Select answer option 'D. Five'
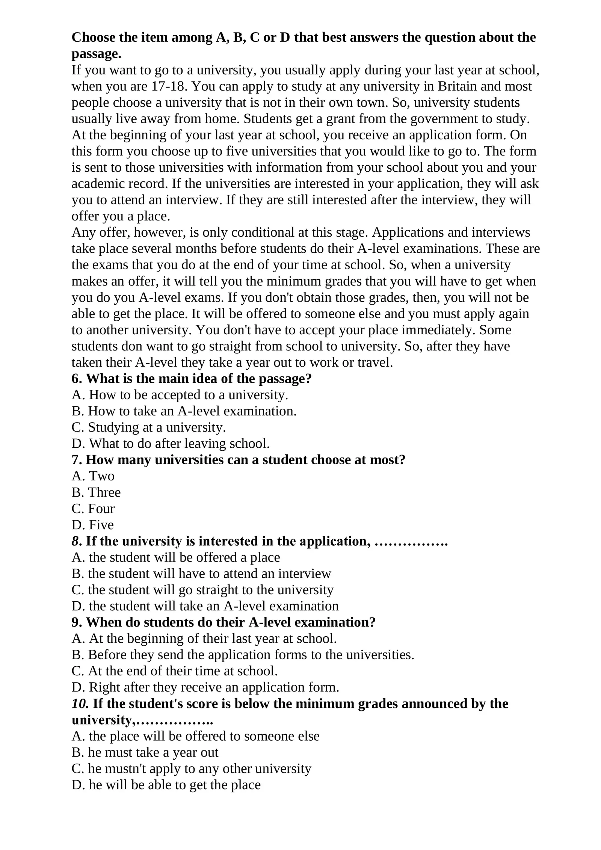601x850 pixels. coord(92,525)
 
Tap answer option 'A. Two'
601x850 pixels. coord(93,476)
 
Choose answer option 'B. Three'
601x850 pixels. coord(96,492)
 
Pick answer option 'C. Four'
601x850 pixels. coord(93,509)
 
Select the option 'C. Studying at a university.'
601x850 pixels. coord(149,427)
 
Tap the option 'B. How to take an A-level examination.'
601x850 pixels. coord(184,411)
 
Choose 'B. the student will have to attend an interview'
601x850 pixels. coord(201,574)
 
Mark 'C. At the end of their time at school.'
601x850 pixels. coord(175,671)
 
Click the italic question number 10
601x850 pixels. coord(80,704)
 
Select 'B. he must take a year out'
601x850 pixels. coord(145,752)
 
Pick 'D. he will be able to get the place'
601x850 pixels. coord(166,785)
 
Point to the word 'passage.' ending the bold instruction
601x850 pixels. coord(97,54)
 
